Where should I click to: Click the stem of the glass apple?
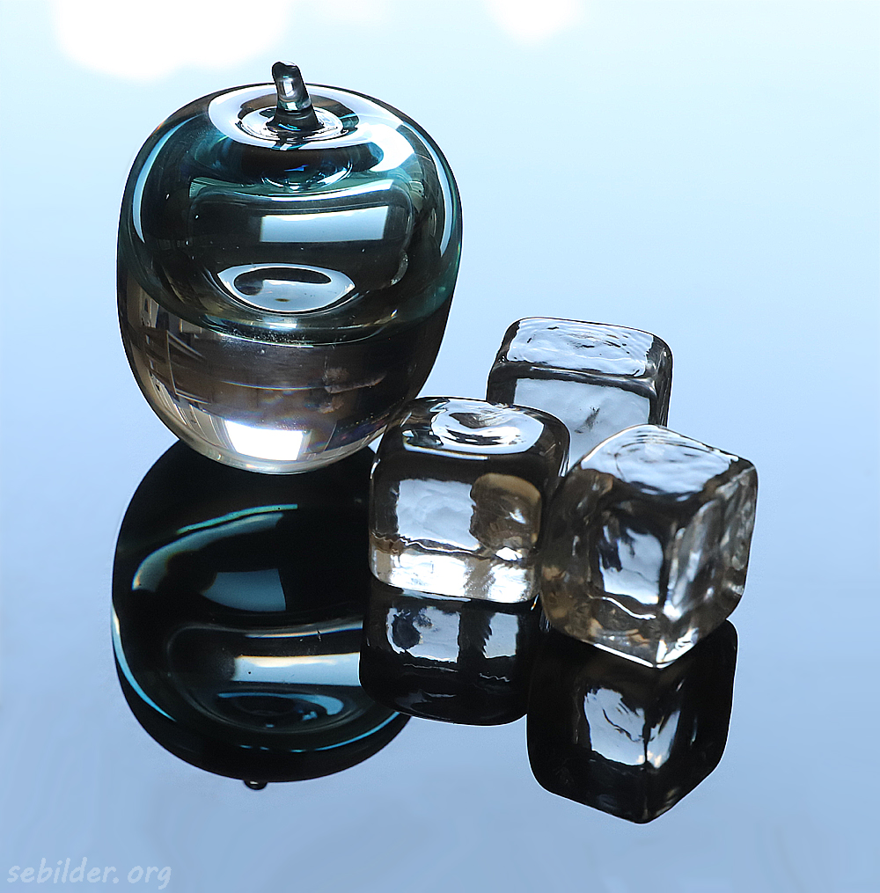[x=290, y=96]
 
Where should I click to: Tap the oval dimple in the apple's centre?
[x=285, y=286]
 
